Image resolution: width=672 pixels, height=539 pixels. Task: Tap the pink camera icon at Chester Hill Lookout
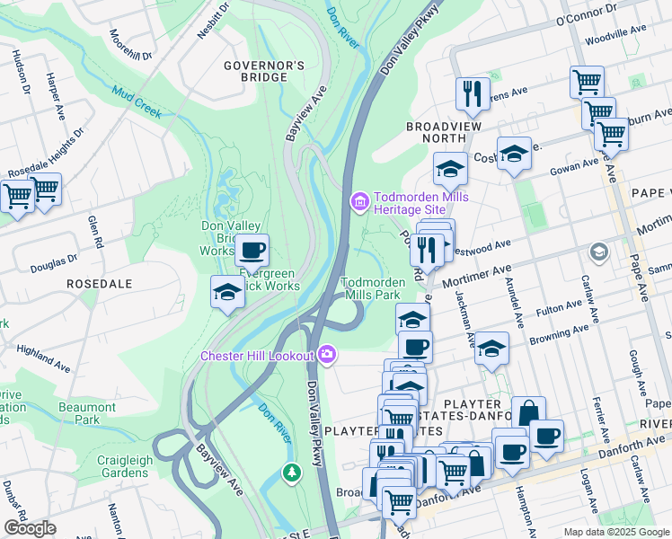325,355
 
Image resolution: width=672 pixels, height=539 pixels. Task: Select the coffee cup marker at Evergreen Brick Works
252,251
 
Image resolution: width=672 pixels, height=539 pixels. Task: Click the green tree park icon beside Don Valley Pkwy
291,472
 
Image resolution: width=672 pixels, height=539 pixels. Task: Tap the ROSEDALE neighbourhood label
99,283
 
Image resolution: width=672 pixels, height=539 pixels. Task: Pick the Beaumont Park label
87,413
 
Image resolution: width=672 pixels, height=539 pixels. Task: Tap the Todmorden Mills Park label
372,287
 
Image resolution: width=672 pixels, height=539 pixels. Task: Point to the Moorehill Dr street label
130,44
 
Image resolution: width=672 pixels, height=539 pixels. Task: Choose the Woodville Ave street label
615,35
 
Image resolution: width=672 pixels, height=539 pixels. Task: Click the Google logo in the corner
31,528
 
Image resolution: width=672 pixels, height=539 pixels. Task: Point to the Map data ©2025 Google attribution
615,532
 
